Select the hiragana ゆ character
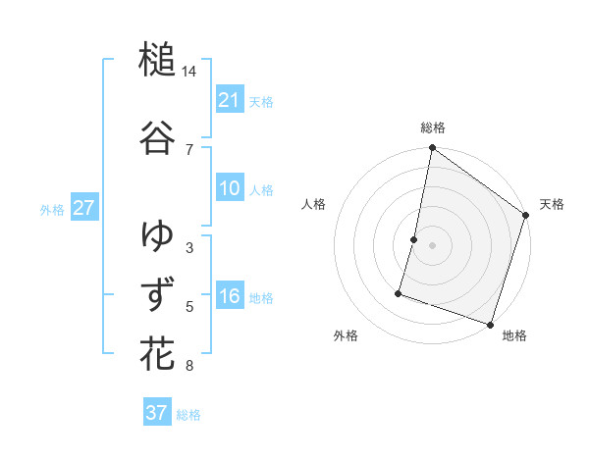click(x=157, y=235)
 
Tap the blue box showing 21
click(x=229, y=100)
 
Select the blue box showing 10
click(x=229, y=189)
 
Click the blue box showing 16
click(x=229, y=296)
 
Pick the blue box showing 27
click(x=83, y=207)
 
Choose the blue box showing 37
click(x=156, y=413)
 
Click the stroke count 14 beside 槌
click(x=189, y=73)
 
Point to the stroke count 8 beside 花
click(x=189, y=367)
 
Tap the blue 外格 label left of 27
click(x=52, y=209)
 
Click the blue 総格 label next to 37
click(x=188, y=415)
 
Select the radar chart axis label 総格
click(x=432, y=128)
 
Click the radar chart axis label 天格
click(x=552, y=204)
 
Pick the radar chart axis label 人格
click(x=313, y=204)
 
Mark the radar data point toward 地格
click(x=490, y=324)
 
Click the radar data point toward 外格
click(x=400, y=292)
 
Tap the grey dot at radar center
click(x=432, y=244)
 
